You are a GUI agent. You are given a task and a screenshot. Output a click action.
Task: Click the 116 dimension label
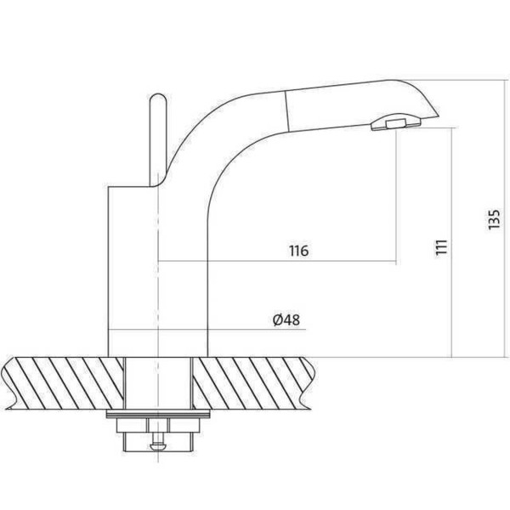[x=298, y=251]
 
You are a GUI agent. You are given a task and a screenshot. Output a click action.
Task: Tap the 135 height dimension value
[x=494, y=219]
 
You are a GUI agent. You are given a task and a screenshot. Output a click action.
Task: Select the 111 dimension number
[x=442, y=248]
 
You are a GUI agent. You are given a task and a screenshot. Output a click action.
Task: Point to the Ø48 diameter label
[x=286, y=320]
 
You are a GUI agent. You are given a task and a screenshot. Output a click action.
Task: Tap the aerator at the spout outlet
[x=395, y=122]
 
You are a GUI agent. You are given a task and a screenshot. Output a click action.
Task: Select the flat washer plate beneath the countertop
[x=158, y=414]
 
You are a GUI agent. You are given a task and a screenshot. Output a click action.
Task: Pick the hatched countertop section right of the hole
[x=254, y=383]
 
